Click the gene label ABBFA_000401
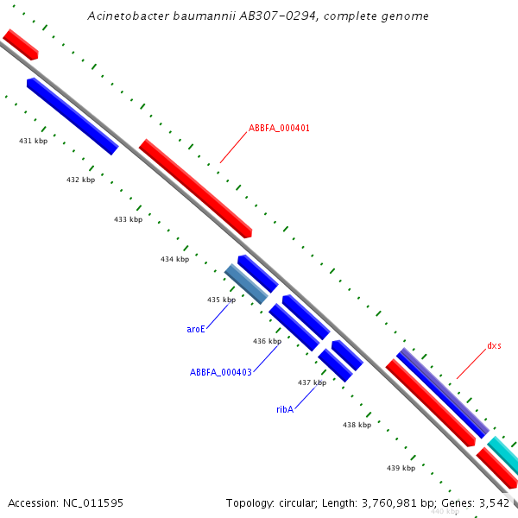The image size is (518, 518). (279, 128)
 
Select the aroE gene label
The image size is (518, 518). (196, 329)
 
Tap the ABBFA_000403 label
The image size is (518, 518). (221, 373)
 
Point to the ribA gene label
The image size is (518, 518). (285, 409)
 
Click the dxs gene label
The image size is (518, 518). (494, 345)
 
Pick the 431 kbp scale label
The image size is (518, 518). (33, 140)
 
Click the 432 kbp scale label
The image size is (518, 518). (80, 180)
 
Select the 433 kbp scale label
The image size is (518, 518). (128, 219)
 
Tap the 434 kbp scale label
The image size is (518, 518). (174, 259)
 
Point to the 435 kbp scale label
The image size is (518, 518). (221, 300)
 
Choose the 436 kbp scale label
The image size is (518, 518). (267, 341)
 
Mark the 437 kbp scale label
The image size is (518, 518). (312, 382)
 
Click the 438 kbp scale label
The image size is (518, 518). (357, 425)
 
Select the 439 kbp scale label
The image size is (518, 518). (401, 468)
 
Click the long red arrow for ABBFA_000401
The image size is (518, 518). (195, 188)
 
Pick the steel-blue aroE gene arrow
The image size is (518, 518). (246, 284)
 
